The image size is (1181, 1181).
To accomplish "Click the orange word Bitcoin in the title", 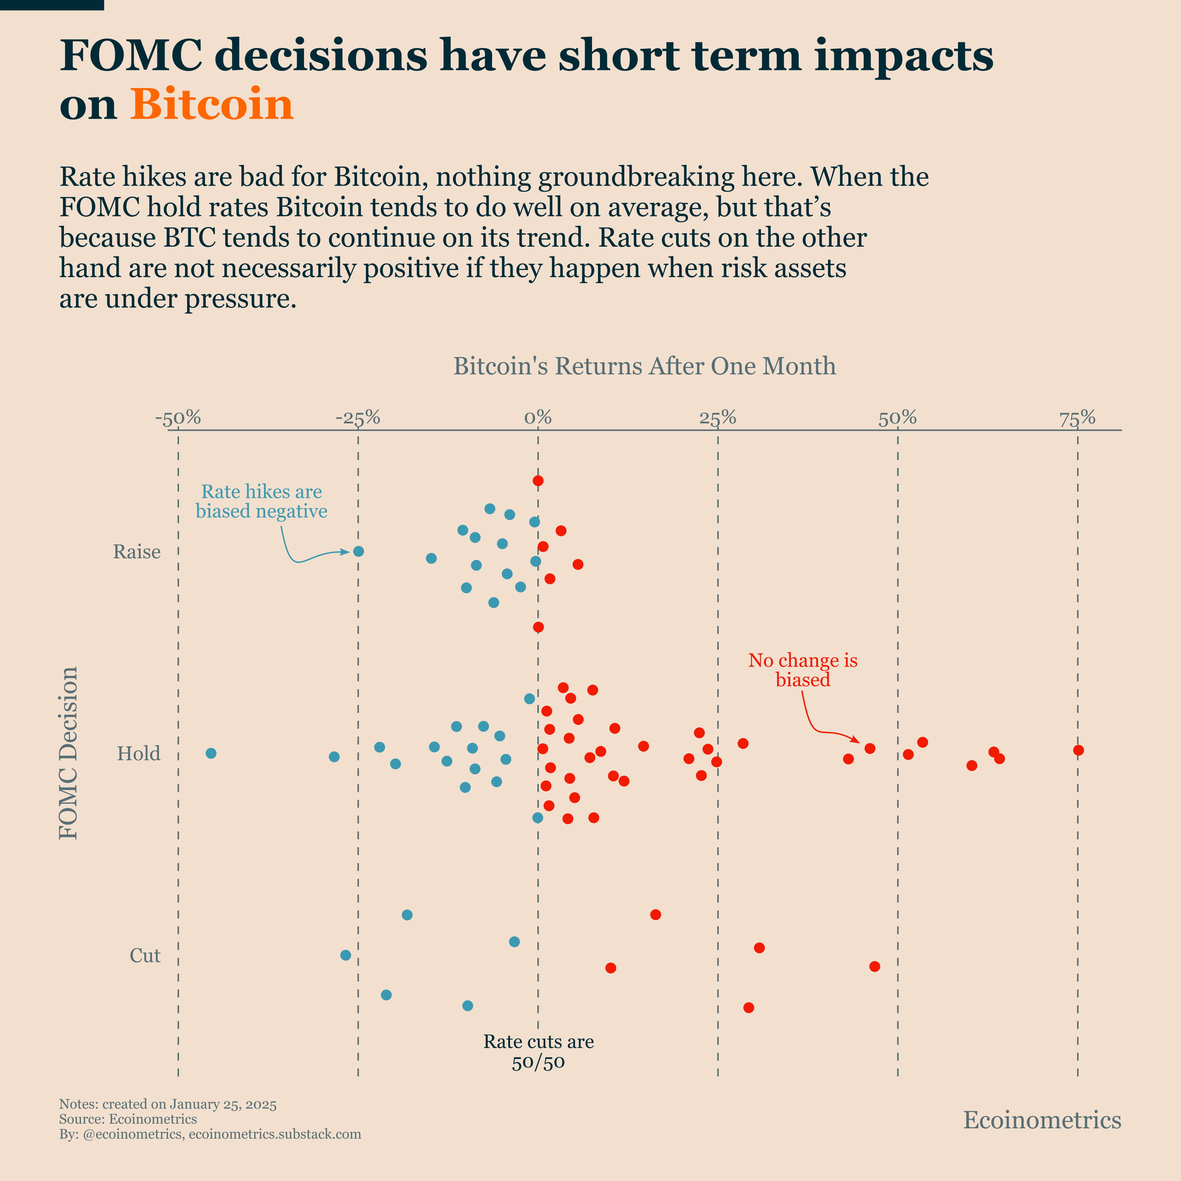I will pyautogui.click(x=212, y=105).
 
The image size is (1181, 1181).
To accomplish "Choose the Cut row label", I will pyautogui.click(x=145, y=955).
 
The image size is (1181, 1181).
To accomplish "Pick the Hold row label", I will pyautogui.click(x=139, y=754).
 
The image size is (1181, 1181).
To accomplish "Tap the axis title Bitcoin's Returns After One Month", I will pyautogui.click(x=644, y=366).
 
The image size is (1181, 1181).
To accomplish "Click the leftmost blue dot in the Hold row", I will pyautogui.click(x=211, y=753).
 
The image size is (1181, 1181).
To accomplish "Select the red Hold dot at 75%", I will pyautogui.click(x=1078, y=750).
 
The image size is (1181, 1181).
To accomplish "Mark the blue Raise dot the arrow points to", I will pyautogui.click(x=359, y=551).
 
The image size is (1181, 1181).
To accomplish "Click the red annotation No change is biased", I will pyautogui.click(x=803, y=670).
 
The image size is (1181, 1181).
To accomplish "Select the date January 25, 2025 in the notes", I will pyautogui.click(x=223, y=1104).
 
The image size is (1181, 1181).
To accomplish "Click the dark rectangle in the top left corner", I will pyautogui.click(x=52, y=5).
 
